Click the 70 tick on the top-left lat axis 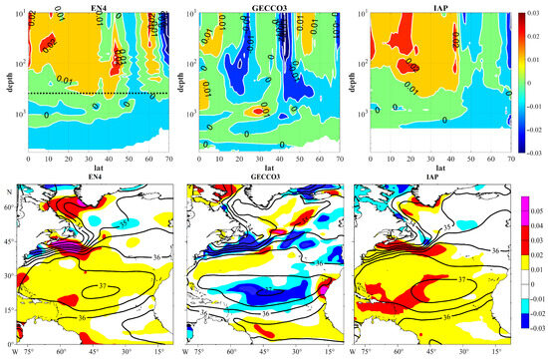(166, 162)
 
